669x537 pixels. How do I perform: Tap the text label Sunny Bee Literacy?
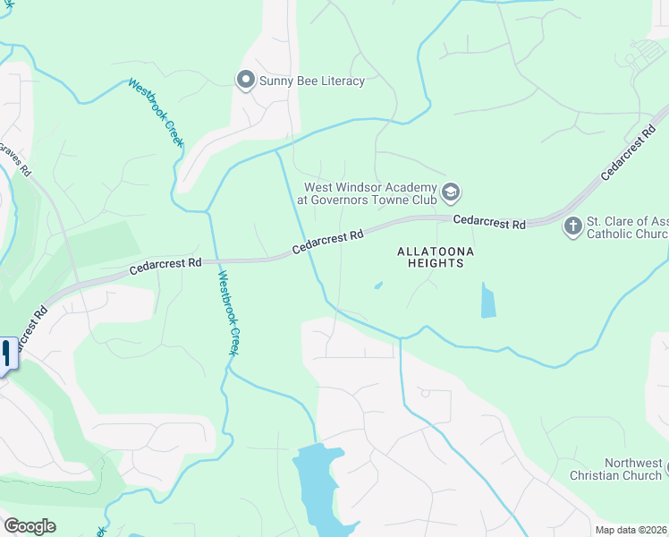tap(311, 81)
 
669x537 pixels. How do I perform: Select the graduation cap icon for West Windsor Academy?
tap(452, 191)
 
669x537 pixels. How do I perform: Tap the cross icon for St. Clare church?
tap(572, 227)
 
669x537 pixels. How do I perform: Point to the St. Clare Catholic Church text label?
tap(626, 228)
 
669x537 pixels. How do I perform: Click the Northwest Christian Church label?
tap(615, 469)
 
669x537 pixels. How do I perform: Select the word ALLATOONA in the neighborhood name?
tap(434, 251)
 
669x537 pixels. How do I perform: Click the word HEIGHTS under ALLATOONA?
tap(435, 264)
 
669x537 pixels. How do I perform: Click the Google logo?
tap(30, 526)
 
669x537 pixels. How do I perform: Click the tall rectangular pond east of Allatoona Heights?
tap(487, 301)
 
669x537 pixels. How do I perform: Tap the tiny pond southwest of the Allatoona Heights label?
tap(378, 286)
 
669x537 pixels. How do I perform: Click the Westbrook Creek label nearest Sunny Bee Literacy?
tap(156, 113)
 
